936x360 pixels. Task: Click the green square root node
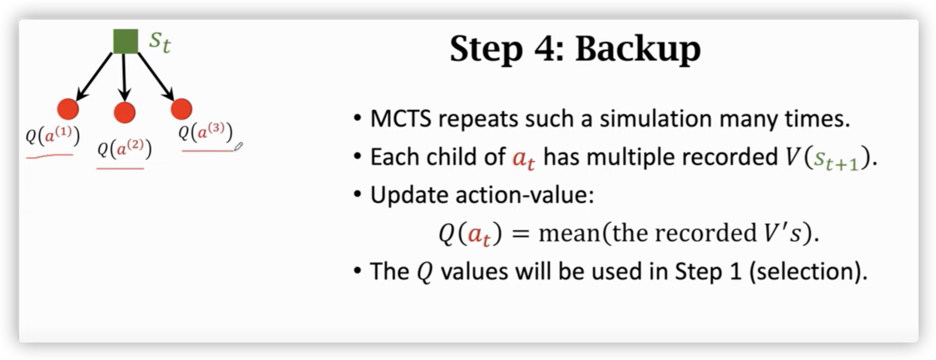click(126, 41)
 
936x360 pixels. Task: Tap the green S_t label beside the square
click(160, 43)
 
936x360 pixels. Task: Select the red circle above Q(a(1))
click(68, 109)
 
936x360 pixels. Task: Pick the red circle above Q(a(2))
click(125, 112)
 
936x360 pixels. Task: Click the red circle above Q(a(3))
click(181, 109)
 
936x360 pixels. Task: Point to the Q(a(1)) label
click(52, 136)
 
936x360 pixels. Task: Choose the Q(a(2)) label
click(125, 149)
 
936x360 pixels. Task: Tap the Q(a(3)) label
click(206, 132)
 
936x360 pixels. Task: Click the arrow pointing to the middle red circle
click(124, 77)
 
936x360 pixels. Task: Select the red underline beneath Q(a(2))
click(120, 168)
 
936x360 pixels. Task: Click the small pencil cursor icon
click(238, 147)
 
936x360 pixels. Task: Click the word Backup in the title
click(638, 49)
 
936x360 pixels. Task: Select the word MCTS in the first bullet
click(401, 118)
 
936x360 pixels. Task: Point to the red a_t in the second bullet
click(523, 159)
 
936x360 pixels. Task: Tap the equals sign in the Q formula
click(520, 234)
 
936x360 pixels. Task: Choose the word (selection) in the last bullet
click(808, 271)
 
